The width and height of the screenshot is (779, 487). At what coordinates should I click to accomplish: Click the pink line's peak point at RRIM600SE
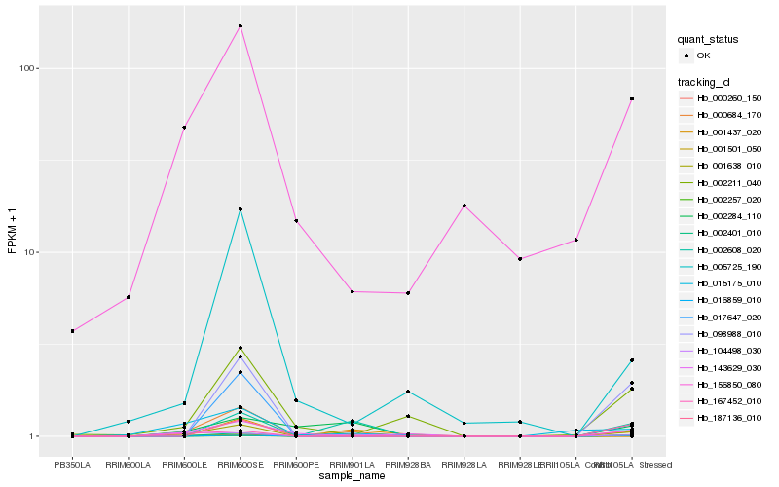241,26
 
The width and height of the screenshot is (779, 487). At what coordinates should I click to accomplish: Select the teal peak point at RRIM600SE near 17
241,209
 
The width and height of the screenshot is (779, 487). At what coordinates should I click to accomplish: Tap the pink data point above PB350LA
72,331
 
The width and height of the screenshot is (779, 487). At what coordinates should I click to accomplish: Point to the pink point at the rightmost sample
632,99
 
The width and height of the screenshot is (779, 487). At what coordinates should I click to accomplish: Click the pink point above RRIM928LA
464,206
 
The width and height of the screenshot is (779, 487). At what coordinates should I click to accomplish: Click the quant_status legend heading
709,40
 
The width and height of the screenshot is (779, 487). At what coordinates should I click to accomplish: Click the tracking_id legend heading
706,82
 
